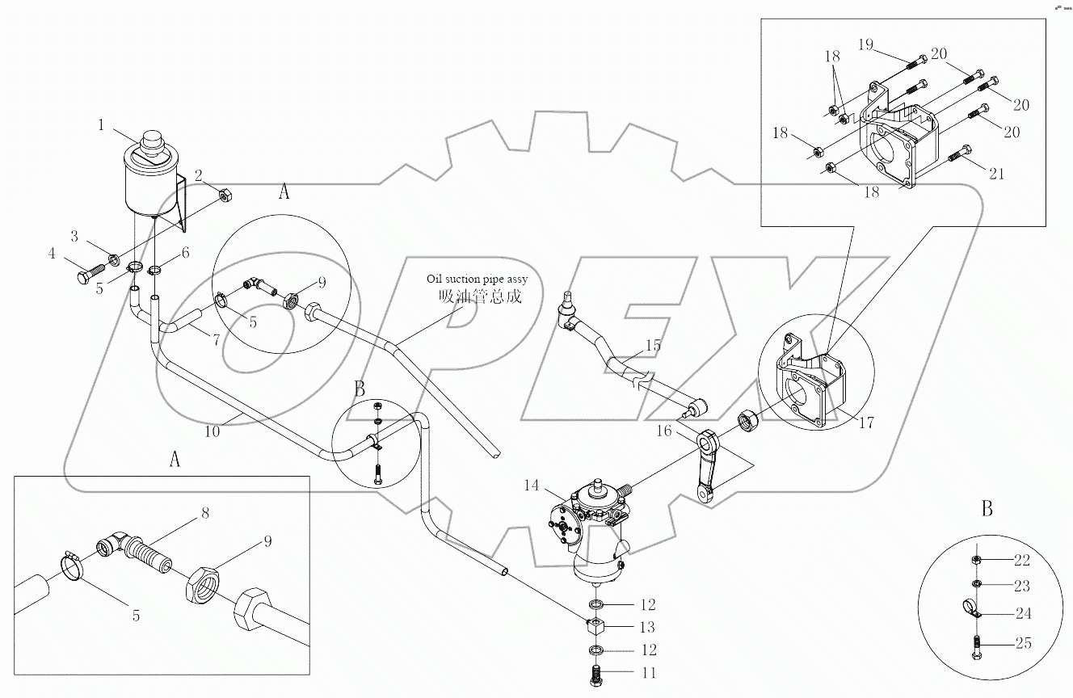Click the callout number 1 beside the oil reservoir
click(101, 124)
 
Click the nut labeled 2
click(226, 194)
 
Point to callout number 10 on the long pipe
click(212, 431)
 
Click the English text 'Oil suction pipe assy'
click(477, 279)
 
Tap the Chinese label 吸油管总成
click(480, 296)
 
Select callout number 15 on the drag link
click(653, 346)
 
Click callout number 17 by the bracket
click(865, 422)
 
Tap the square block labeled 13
click(595, 626)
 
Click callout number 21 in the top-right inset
click(996, 173)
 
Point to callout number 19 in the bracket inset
click(865, 44)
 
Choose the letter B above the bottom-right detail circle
click(987, 509)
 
